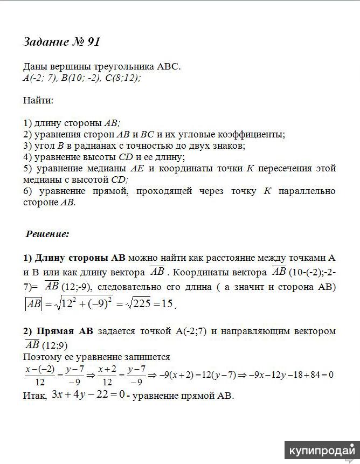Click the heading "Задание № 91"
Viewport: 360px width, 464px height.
click(62, 42)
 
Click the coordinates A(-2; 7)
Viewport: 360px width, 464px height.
click(38, 78)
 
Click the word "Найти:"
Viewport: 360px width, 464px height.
click(38, 100)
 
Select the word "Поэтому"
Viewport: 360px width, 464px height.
click(43, 356)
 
